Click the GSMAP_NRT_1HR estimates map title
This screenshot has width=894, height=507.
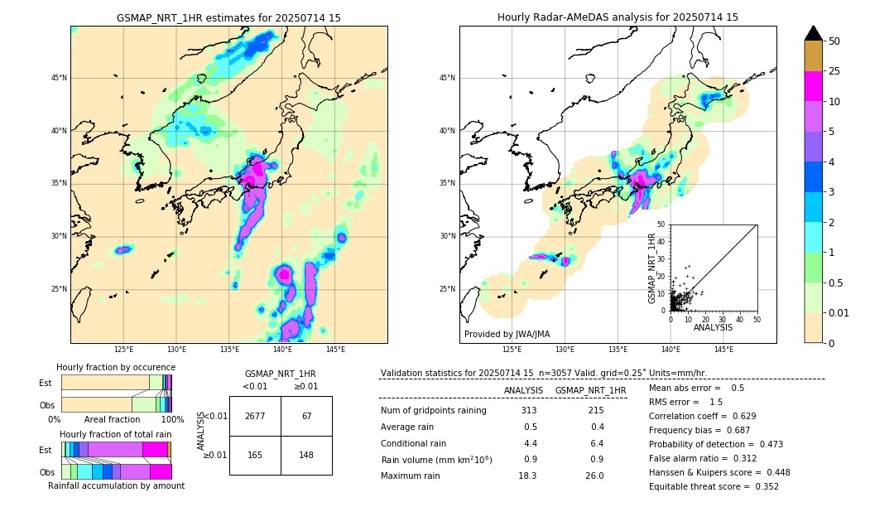228,17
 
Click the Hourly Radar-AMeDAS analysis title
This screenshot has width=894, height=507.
618,17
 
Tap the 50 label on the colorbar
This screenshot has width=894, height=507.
834,41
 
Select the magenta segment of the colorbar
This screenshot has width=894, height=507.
814,86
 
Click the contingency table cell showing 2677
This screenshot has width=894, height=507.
255,416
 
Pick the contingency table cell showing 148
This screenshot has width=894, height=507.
306,455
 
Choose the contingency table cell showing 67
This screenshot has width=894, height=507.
306,416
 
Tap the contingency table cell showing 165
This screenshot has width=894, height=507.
255,455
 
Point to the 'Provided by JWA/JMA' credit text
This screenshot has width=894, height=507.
507,334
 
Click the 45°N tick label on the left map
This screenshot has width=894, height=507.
59,78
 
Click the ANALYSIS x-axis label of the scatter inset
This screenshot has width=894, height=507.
713,327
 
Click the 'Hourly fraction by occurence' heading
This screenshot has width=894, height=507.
116,367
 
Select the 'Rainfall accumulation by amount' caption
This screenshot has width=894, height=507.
116,485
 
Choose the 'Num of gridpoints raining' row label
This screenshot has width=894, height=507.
434,411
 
